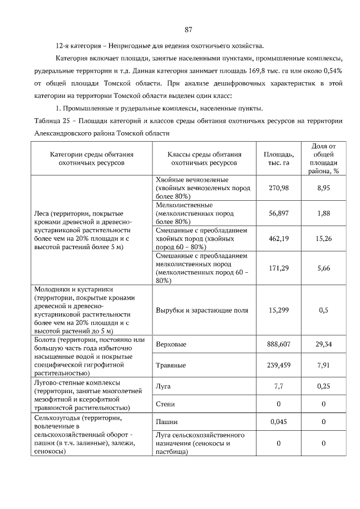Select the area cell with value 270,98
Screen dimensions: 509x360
pos(278,188)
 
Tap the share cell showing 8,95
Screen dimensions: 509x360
pos(323,188)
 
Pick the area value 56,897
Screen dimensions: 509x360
pos(278,213)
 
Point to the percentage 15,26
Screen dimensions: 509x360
pos(323,238)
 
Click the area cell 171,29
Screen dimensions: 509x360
pos(278,268)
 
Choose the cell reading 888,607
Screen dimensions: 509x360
pos(278,344)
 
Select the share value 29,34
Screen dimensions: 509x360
pos(323,344)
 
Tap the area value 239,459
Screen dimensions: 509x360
pos(278,364)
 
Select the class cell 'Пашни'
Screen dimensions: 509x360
pos(166,421)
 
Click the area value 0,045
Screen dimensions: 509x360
pos(278,421)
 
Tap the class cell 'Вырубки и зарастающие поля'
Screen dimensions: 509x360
pos(201,310)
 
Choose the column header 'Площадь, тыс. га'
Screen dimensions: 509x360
pos(278,158)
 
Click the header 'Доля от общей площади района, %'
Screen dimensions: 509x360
pos(323,158)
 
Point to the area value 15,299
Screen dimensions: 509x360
pos(278,310)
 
